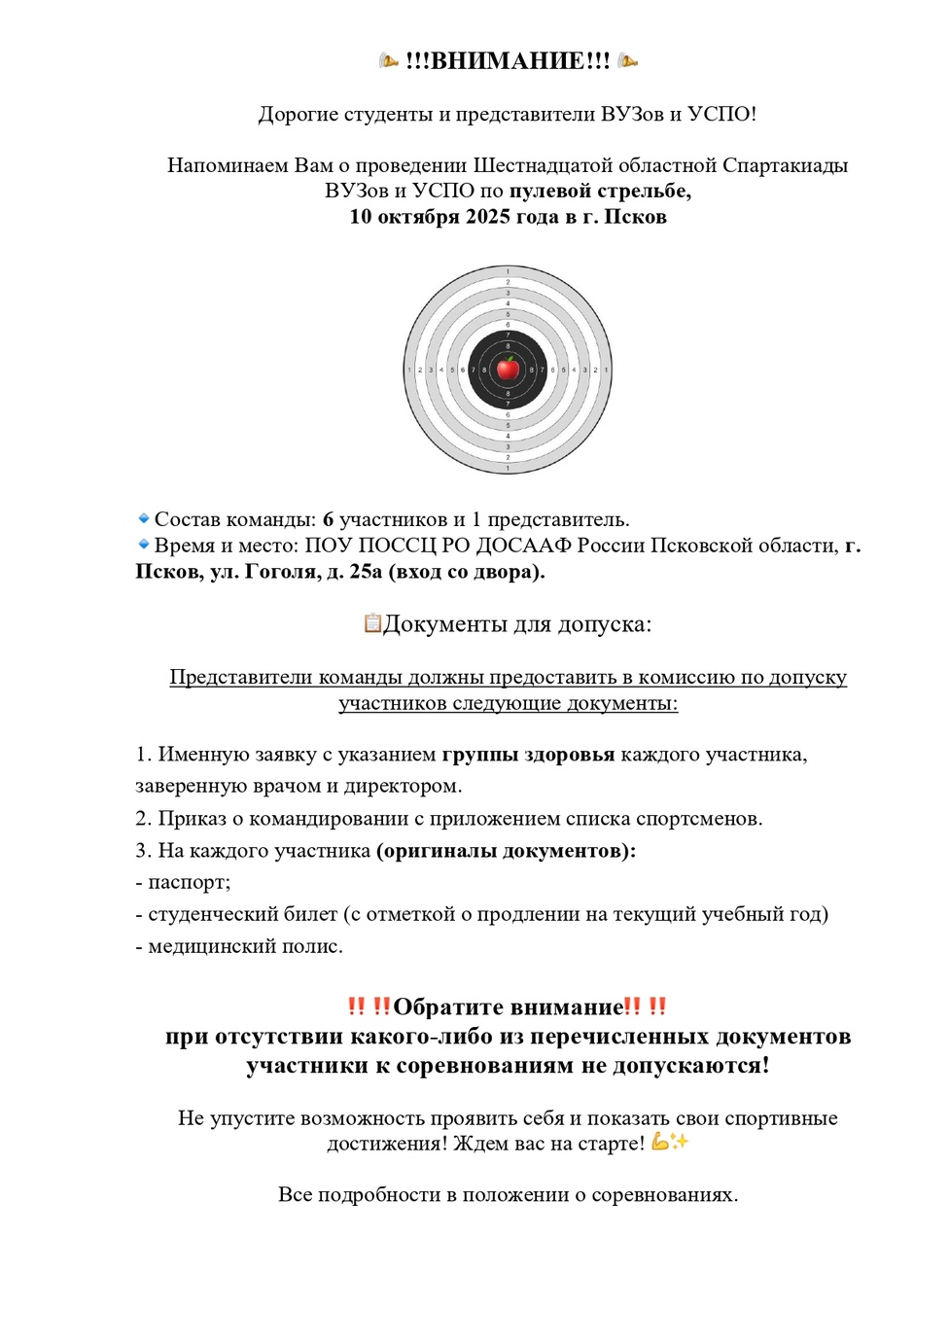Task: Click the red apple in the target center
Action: pos(508,369)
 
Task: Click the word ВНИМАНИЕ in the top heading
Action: pos(508,61)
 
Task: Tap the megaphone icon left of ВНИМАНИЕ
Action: pos(389,61)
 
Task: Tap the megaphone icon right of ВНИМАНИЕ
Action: pos(628,61)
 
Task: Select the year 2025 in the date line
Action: pos(488,216)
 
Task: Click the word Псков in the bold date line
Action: pos(635,216)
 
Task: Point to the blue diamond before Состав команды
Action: pos(144,518)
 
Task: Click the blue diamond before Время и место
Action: pos(144,545)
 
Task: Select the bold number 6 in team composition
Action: pos(328,520)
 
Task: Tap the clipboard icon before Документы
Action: pos(372,622)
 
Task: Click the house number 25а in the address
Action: pos(366,572)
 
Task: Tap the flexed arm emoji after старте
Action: pos(661,1142)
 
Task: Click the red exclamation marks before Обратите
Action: pos(369,1006)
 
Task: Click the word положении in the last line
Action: pos(518,1195)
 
